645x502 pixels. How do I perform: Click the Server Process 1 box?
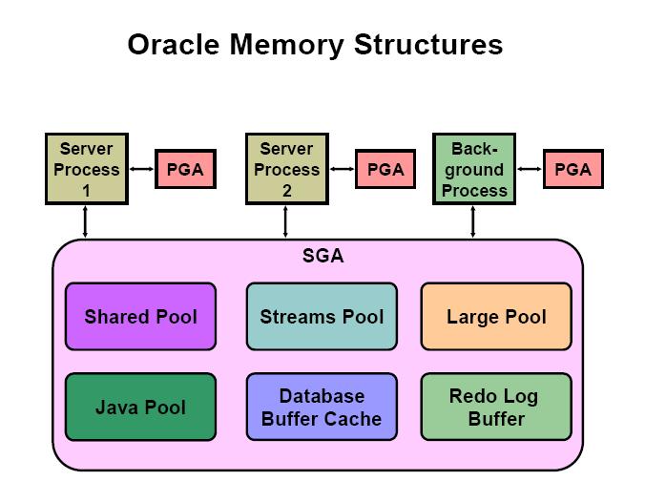86,170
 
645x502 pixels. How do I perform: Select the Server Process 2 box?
285,170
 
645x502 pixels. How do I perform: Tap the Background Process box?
473,170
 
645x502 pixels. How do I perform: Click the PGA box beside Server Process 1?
184,170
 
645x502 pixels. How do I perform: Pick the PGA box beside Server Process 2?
385,170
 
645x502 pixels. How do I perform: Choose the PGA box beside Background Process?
572,170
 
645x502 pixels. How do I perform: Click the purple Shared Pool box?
140,316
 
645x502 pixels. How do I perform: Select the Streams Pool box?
322,316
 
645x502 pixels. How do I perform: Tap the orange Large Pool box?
496,316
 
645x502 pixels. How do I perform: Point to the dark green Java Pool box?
140,408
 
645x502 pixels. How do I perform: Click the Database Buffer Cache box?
322,408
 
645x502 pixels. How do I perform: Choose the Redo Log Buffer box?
496,408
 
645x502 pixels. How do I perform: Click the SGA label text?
322,256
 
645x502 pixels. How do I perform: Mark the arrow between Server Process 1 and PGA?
141,170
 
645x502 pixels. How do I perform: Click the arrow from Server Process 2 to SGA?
285,221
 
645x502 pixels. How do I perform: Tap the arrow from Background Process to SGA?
473,221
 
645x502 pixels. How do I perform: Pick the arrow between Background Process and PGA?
530,170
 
